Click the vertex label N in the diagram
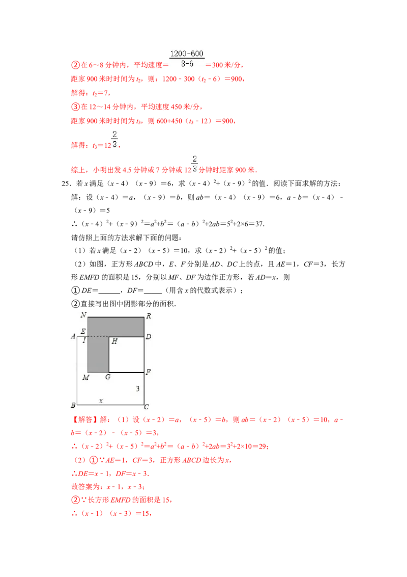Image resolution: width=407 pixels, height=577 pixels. pyautogui.click(x=83, y=314)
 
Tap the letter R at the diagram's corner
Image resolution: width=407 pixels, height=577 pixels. pyautogui.click(x=149, y=316)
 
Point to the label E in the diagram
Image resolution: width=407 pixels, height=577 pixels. pyautogui.click(x=83, y=331)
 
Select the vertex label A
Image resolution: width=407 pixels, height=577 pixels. pyautogui.click(x=73, y=336)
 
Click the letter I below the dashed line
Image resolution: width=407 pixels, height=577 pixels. pyautogui.click(x=84, y=340)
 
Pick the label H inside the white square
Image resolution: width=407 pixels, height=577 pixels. pyautogui.click(x=114, y=342)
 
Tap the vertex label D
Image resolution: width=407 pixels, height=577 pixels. pyautogui.click(x=149, y=337)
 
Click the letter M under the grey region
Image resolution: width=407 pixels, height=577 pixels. pyautogui.click(x=85, y=377)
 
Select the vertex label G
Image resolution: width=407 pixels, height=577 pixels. pyautogui.click(x=108, y=377)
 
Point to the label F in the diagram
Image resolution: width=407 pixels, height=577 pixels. pyautogui.click(x=149, y=372)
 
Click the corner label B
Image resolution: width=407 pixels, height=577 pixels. pyautogui.click(x=73, y=406)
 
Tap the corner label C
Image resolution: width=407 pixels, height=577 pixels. pyautogui.click(x=147, y=407)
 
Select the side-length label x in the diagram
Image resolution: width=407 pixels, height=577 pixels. pyautogui.click(x=101, y=401)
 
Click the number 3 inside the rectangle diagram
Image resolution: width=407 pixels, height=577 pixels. pyautogui.click(x=137, y=389)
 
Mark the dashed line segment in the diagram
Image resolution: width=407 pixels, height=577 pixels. pyautogui.click(x=98, y=336)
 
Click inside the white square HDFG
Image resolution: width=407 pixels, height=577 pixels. pyautogui.click(x=126, y=354)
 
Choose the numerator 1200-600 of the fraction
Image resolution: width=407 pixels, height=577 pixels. pyautogui.click(x=187, y=53)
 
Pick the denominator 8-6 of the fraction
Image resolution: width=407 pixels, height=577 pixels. pyautogui.click(x=186, y=64)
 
